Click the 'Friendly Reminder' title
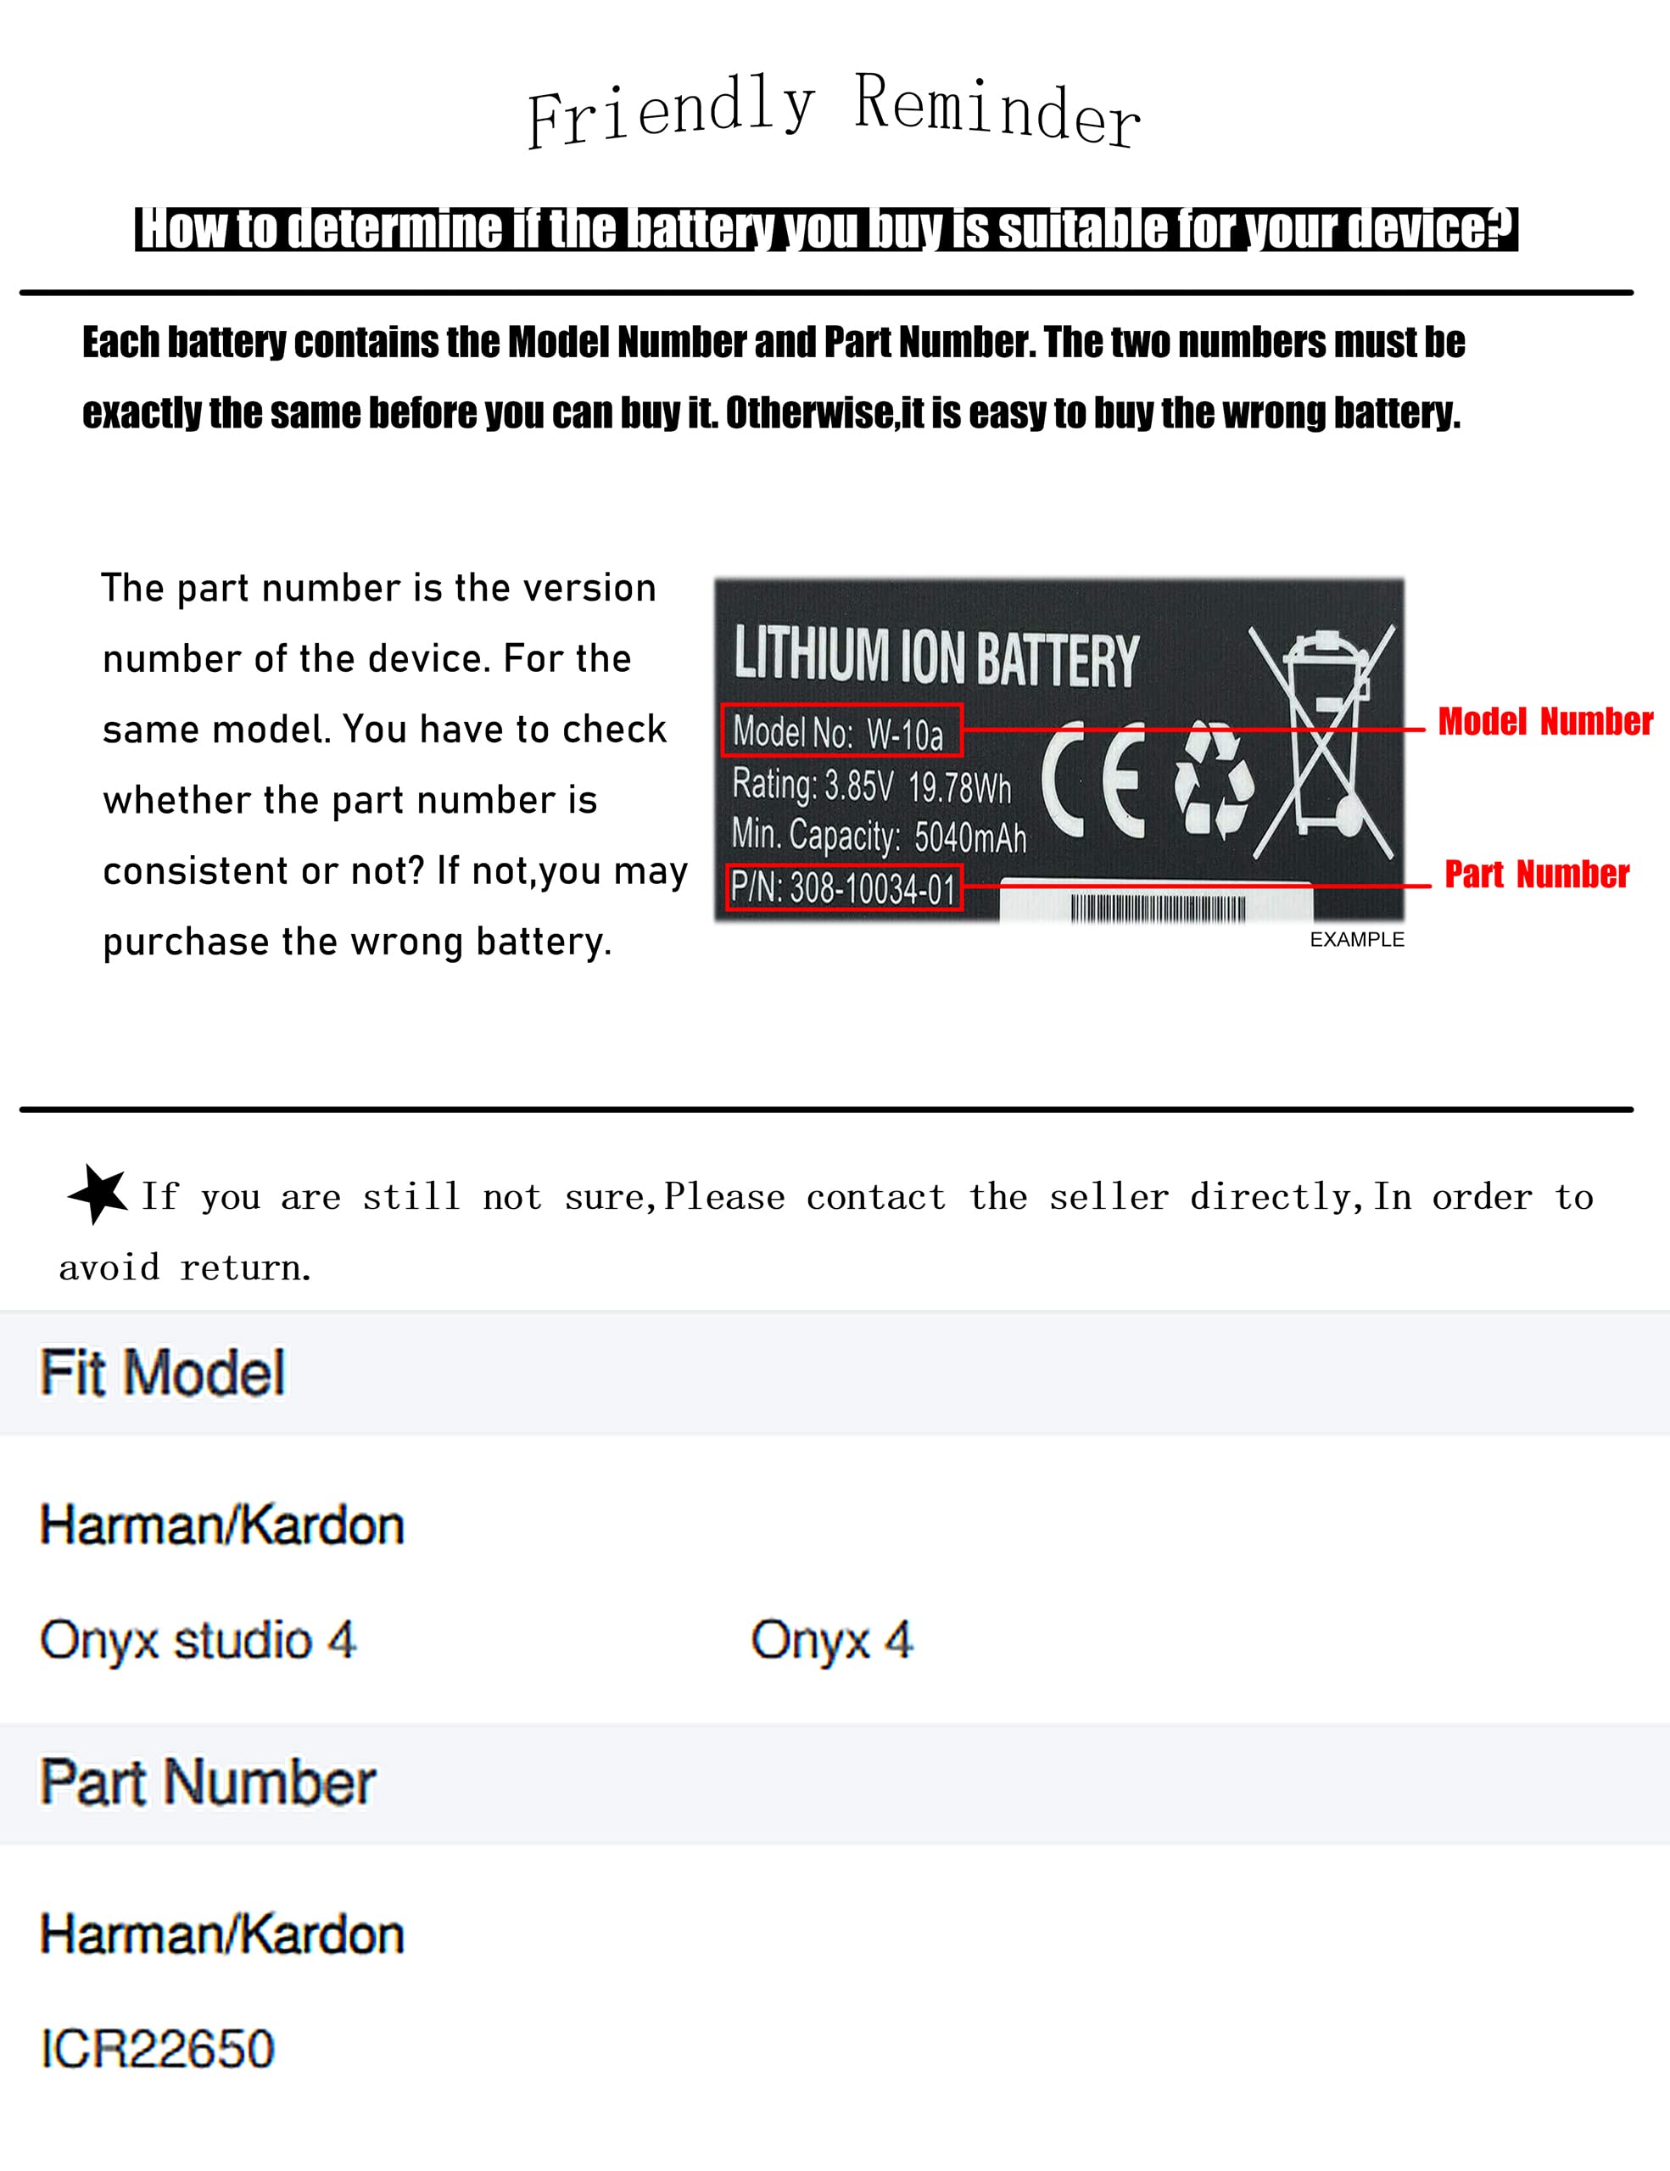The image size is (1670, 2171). (x=833, y=111)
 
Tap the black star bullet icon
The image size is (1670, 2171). (x=98, y=1193)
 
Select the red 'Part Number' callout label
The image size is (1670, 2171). (x=1537, y=875)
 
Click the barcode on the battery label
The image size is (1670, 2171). (x=1158, y=908)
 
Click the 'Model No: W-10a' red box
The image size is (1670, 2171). (x=841, y=730)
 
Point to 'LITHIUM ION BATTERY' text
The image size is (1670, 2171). (x=936, y=656)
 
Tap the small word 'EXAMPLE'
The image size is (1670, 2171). (x=1357, y=940)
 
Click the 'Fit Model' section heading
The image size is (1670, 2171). (x=163, y=1373)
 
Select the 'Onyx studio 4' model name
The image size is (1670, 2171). (x=198, y=1641)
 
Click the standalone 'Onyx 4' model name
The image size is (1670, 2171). (x=832, y=1641)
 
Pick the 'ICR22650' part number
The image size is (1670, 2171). (x=157, y=2050)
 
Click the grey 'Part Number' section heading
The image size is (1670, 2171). (x=208, y=1782)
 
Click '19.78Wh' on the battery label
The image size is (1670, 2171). (x=960, y=787)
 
